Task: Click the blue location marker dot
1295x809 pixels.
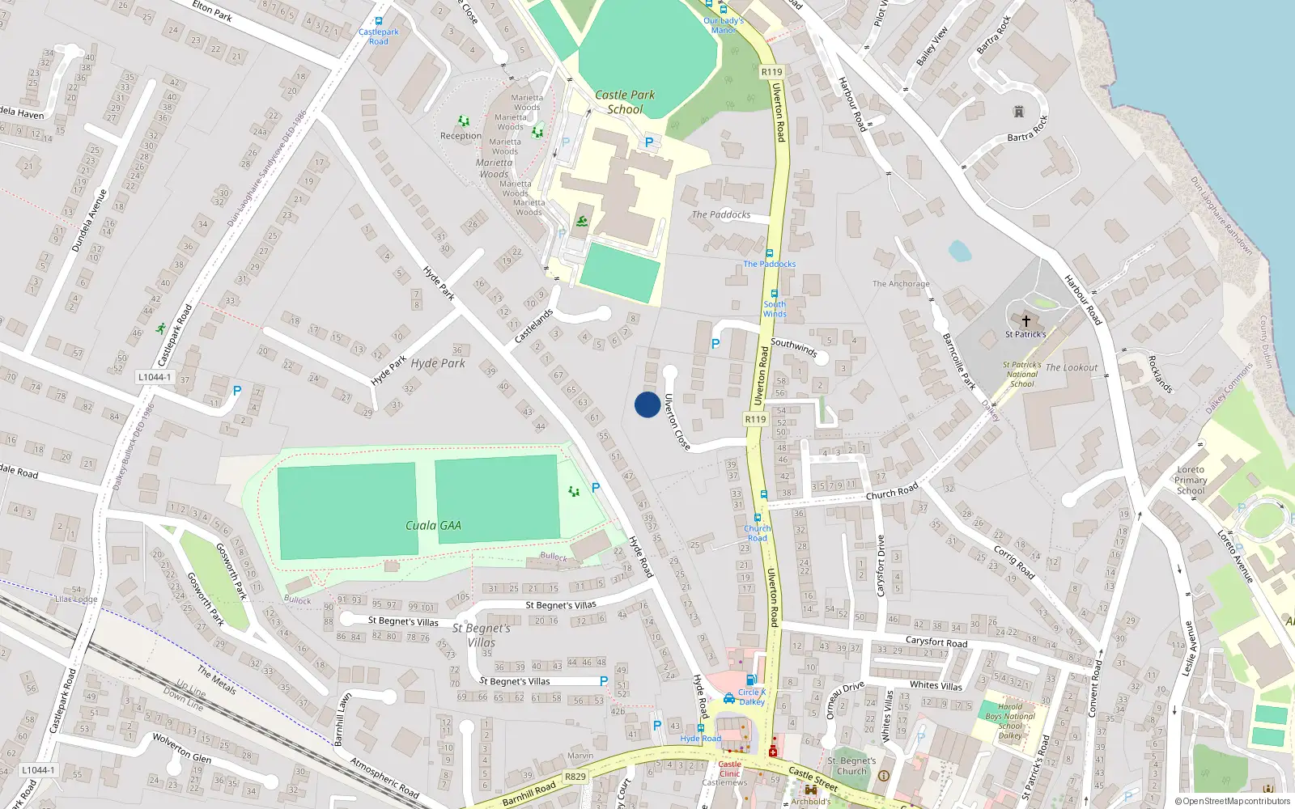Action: [647, 404]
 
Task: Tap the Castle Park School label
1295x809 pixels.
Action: [625, 102]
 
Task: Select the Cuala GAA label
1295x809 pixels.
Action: [433, 526]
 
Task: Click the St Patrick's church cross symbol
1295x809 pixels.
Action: [1025, 320]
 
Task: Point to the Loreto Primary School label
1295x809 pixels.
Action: [1191, 480]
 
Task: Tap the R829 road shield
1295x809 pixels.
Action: [575, 777]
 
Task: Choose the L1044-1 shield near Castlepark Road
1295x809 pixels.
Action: [154, 377]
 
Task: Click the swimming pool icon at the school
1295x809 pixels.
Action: [582, 222]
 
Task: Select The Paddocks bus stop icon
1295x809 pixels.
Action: [769, 253]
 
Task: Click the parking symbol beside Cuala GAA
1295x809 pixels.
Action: [596, 488]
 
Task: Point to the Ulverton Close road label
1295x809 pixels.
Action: [677, 421]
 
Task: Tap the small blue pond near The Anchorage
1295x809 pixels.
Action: [959, 251]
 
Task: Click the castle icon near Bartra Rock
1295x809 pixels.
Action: [1019, 112]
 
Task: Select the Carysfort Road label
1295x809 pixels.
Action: [936, 642]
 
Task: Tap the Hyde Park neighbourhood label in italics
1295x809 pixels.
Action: [438, 363]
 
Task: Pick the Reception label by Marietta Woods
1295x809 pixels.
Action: [461, 136]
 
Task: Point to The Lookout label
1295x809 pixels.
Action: [1072, 367]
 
